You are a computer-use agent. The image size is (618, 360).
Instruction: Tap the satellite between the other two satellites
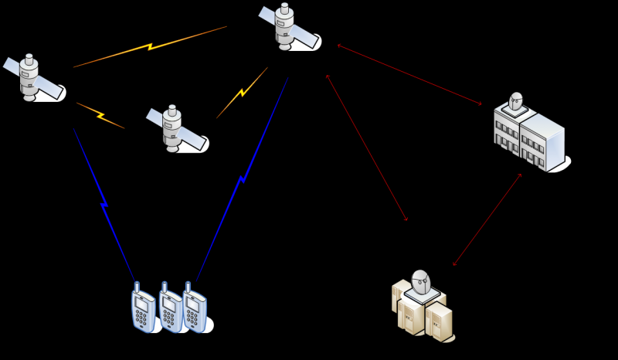[x=173, y=128]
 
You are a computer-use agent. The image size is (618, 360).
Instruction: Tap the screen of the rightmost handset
[x=195, y=304]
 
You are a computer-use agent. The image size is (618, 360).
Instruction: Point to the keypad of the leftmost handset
[x=141, y=318]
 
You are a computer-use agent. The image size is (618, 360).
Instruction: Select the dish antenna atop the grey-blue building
[x=516, y=102]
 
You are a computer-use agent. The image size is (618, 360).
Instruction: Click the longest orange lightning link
[x=150, y=46]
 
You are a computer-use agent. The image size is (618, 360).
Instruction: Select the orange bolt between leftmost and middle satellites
[x=100, y=115]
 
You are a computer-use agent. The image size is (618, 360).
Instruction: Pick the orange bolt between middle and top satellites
[x=242, y=93]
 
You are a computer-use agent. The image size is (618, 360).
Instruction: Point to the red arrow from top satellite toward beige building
[x=367, y=148]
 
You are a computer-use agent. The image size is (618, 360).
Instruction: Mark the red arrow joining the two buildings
[x=487, y=219]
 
